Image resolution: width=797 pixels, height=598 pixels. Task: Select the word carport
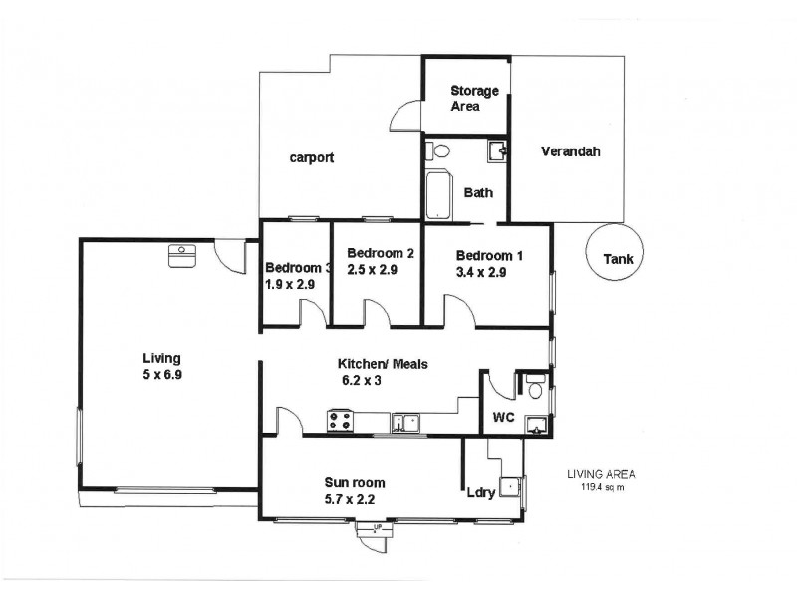click(x=311, y=157)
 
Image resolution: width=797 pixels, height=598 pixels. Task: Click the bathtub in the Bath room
click(x=438, y=196)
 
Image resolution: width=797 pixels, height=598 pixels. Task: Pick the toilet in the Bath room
click(x=438, y=151)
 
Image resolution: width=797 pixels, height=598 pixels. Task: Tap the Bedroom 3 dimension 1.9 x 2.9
click(x=290, y=284)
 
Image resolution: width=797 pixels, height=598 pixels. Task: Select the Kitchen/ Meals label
click(x=384, y=364)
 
